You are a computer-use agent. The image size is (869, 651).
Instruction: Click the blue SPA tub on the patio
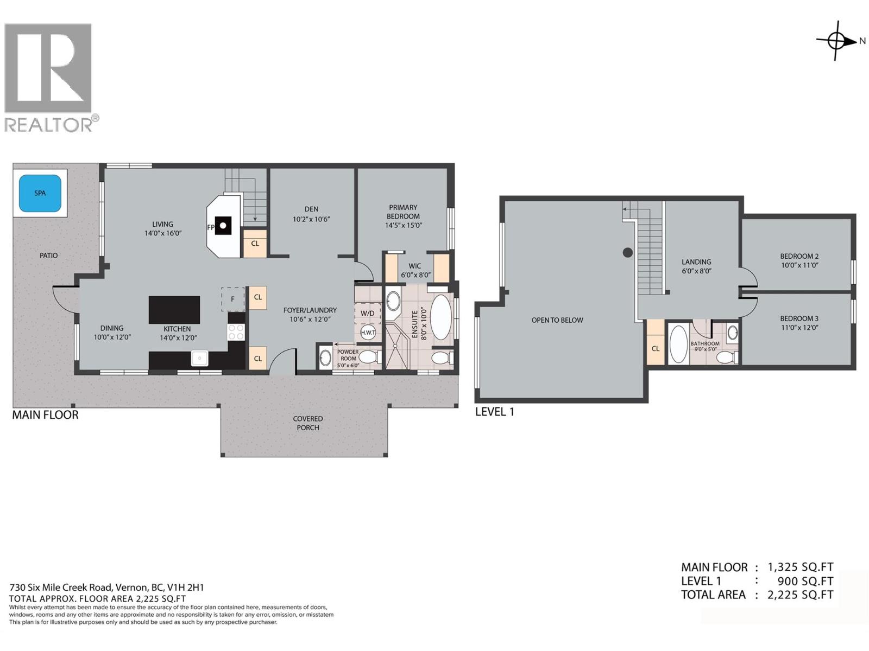(x=40, y=193)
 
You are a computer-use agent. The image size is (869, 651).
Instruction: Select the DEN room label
(x=311, y=209)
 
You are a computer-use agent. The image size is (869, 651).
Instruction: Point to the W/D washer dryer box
(x=367, y=313)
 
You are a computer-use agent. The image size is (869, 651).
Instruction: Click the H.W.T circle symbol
(x=368, y=332)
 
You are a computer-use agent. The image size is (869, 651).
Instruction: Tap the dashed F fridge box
(x=232, y=299)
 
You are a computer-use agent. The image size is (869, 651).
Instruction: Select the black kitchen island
(x=174, y=309)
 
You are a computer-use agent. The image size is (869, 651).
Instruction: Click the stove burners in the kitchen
(x=236, y=332)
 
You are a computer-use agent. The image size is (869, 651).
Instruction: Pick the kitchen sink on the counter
(x=199, y=359)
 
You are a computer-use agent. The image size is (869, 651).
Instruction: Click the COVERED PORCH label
(x=308, y=423)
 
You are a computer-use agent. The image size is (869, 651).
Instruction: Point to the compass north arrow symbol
(x=836, y=40)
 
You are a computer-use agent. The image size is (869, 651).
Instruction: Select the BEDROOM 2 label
(x=799, y=256)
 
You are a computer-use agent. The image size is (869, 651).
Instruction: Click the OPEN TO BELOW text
(x=557, y=320)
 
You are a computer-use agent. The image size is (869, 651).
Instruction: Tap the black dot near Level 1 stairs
(x=627, y=252)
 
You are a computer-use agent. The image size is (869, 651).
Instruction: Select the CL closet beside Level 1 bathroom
(x=656, y=348)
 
